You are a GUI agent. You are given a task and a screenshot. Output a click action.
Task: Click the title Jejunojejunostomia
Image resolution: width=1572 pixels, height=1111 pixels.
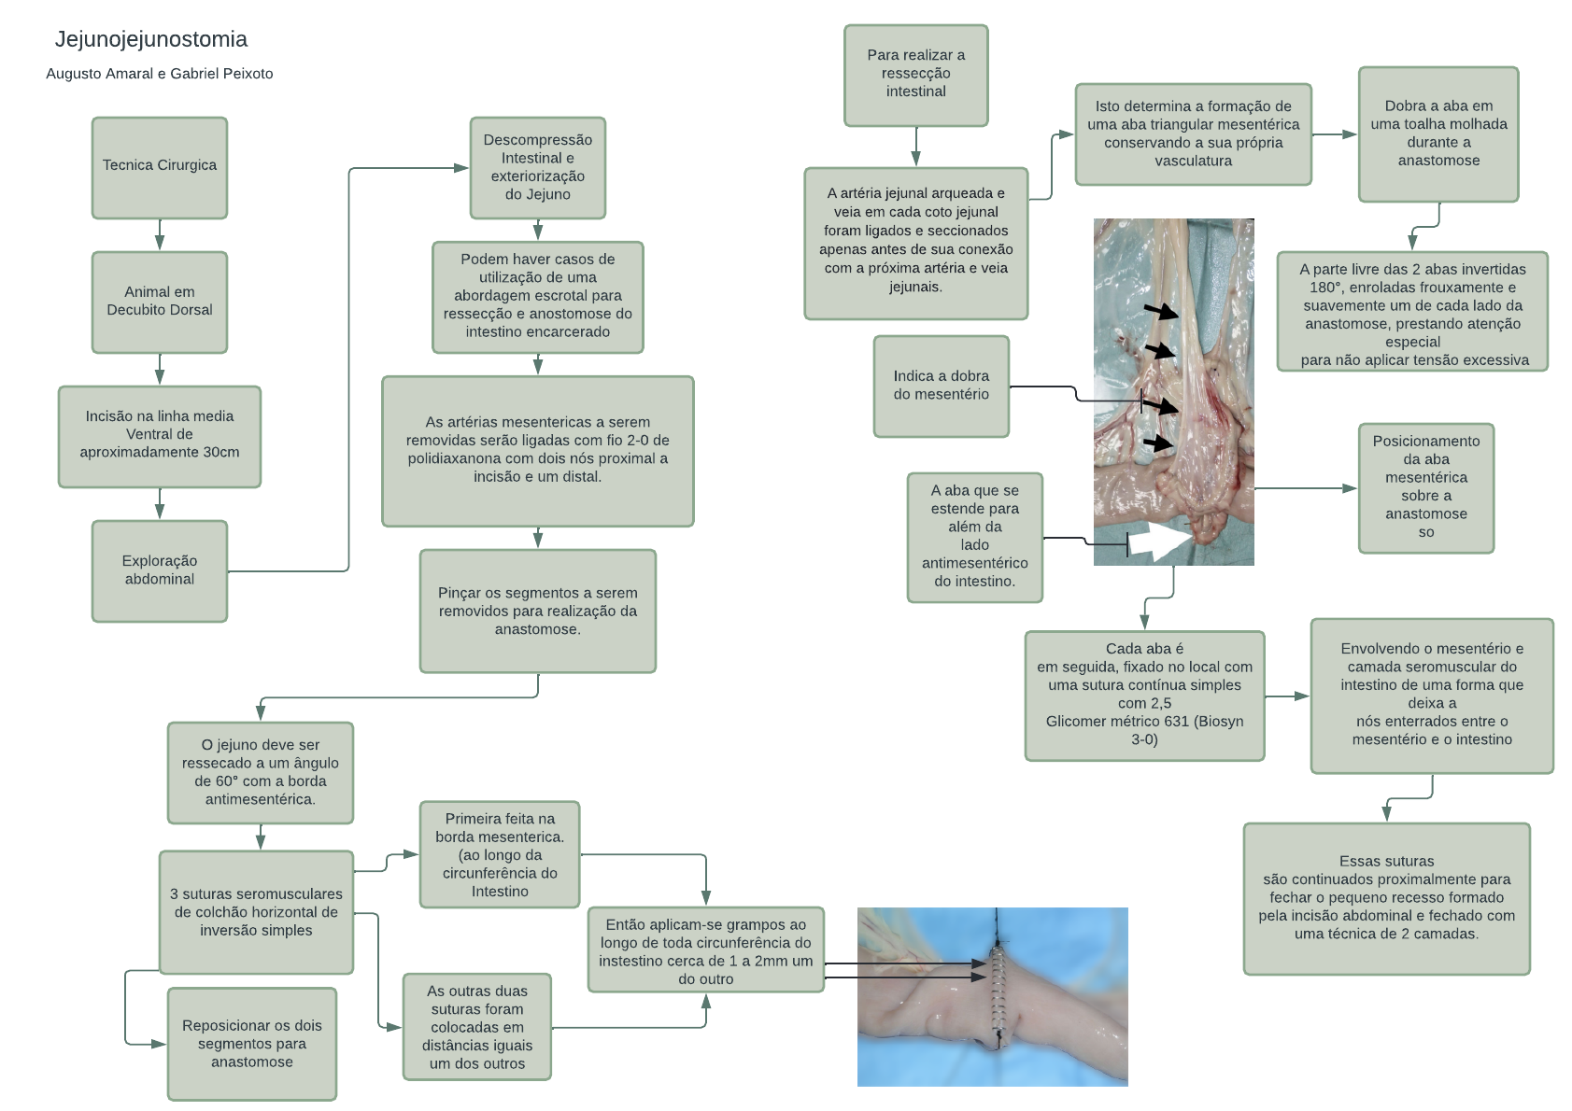coord(150,39)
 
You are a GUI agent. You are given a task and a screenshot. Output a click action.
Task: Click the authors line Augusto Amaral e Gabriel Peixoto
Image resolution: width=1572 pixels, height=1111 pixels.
coord(159,74)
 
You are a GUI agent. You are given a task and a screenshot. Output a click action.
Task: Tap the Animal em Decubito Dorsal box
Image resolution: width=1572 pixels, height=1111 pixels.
coord(159,302)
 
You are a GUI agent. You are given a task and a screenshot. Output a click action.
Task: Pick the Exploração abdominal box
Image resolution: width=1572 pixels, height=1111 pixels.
coord(159,570)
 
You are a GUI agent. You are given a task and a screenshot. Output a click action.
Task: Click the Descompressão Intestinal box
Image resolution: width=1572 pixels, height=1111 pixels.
coord(537,167)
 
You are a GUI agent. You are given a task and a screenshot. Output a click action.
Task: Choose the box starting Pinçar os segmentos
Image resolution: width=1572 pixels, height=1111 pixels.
coord(537,611)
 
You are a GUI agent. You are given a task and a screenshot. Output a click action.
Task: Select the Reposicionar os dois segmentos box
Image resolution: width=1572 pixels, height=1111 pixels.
coord(251,1044)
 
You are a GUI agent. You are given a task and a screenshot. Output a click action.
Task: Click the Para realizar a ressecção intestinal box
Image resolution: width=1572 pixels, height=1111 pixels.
coord(915,75)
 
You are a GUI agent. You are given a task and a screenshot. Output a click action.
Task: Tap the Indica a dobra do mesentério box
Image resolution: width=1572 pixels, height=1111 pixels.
coord(941,386)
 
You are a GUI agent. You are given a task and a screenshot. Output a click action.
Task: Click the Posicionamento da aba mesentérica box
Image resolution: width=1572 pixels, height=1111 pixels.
coord(1425,487)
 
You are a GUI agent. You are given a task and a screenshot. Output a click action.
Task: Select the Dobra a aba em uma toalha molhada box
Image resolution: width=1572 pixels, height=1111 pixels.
coord(1437,134)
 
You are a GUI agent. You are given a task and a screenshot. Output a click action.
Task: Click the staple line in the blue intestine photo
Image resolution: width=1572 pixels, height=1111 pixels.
coord(998,990)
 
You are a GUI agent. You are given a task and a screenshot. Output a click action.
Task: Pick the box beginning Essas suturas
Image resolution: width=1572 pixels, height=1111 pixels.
coord(1386,898)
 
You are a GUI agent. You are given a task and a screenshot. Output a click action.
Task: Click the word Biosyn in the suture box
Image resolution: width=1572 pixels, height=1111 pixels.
coord(1221,722)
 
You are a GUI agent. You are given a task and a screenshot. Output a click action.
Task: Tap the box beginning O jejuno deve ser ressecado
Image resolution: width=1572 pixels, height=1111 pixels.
coord(260,772)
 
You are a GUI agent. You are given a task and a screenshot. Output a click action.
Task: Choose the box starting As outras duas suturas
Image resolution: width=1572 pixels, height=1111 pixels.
coord(476,1027)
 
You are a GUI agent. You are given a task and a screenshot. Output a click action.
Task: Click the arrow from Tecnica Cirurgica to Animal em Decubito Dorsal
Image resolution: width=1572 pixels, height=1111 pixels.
coord(160,234)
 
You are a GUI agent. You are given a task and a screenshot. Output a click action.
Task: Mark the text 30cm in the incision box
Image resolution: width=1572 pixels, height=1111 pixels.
coord(221,453)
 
